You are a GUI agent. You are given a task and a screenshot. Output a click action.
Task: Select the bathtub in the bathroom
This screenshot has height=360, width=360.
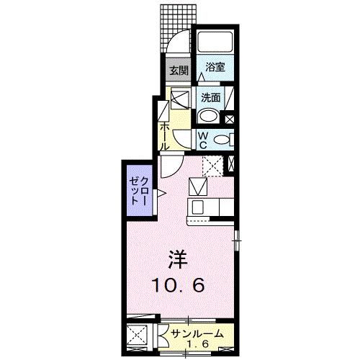pos(214,43)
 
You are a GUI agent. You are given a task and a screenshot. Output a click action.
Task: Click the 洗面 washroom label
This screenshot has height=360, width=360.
pos(210,96)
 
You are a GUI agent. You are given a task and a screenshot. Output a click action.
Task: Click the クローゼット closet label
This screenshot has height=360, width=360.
pos(139,192)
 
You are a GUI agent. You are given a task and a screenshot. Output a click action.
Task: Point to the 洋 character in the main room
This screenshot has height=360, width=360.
pos(179,257)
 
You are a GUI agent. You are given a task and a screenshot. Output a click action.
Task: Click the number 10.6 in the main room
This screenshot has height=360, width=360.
pos(179,285)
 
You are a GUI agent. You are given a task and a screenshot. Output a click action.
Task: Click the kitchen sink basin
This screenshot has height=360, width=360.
pos(198,207)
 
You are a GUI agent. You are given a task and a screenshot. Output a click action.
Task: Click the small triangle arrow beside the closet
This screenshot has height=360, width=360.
pos(162,193)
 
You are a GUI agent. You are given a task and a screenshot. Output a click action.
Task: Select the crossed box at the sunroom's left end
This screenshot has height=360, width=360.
pos(138,336)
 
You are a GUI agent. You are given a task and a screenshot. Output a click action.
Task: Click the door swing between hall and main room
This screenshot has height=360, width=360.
pos(170,167)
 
